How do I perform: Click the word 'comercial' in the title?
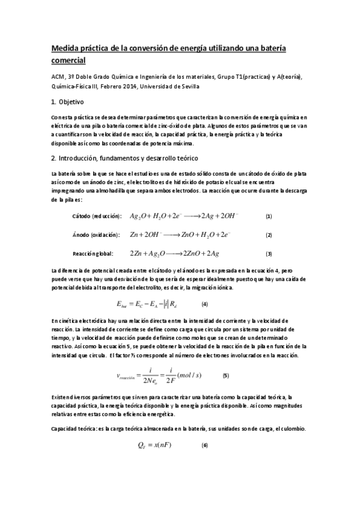coord(69,60)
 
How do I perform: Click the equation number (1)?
coord(269,216)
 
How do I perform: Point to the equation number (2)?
coord(269,235)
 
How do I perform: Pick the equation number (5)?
coord(225,376)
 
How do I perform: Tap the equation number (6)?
coord(204,446)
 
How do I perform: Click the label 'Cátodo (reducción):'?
coord(96,216)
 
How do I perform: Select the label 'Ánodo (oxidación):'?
coord(95,235)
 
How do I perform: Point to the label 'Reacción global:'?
coord(92,253)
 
